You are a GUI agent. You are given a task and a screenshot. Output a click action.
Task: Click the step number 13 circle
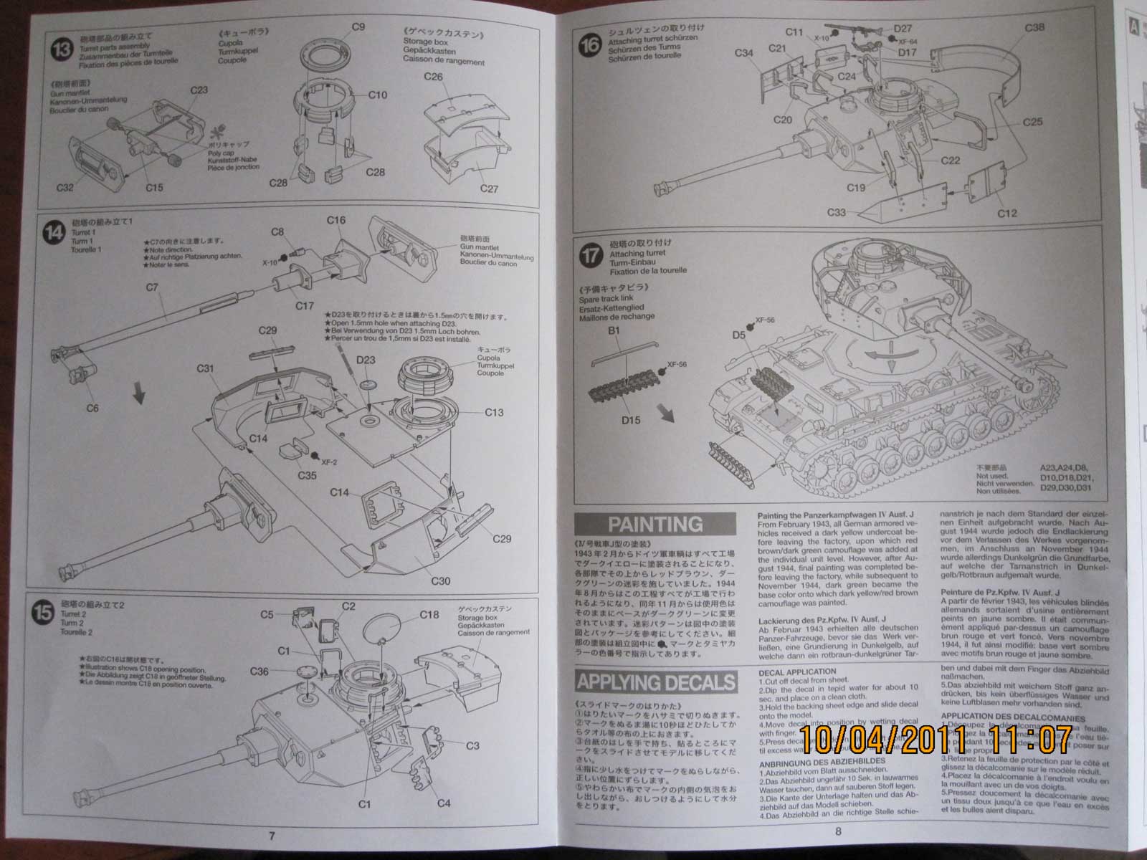[62, 50]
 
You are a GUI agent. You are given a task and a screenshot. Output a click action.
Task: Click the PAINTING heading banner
[655, 525]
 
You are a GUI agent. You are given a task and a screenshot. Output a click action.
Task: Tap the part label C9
[358, 27]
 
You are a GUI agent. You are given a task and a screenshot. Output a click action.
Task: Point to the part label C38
[1034, 28]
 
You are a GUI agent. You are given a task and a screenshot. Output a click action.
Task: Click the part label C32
[65, 188]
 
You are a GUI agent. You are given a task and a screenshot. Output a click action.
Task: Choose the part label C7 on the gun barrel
[151, 288]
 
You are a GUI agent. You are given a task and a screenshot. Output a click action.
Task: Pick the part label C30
[441, 580]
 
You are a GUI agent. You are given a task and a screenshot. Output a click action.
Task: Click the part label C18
[429, 614]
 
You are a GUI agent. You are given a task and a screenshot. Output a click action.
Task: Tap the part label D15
[631, 420]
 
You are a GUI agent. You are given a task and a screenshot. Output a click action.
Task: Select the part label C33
[837, 212]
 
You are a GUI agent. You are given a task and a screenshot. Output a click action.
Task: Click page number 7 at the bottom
[272, 835]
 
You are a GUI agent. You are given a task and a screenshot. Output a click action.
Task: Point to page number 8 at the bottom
[838, 831]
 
